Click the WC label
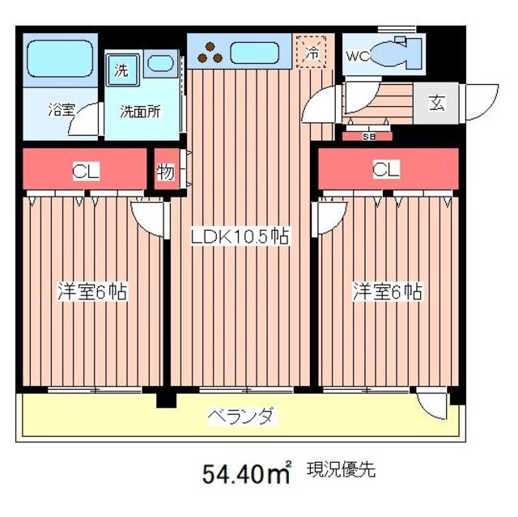(358, 57)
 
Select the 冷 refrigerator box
(312, 52)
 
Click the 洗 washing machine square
(121, 70)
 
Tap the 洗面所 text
(140, 112)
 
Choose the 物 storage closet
(166, 172)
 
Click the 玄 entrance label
(436, 103)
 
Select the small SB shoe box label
(369, 136)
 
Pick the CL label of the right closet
(385, 169)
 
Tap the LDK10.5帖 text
(240, 237)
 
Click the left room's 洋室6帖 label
(91, 291)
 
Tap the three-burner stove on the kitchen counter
(213, 52)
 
